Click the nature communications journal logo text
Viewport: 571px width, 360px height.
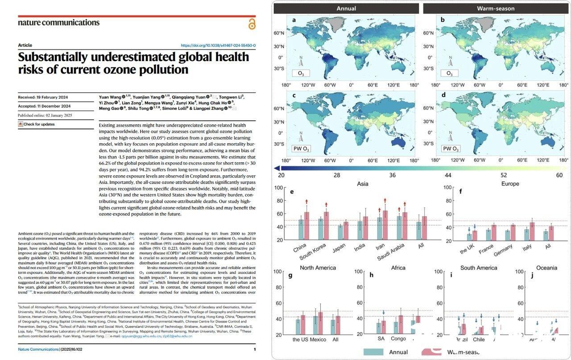coord(58,22)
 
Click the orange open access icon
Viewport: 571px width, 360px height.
coord(252,24)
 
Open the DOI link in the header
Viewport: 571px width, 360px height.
coord(218,46)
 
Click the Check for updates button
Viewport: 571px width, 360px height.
coord(36,124)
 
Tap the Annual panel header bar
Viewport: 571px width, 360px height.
coord(346,8)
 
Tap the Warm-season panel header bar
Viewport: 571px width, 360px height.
coord(496,8)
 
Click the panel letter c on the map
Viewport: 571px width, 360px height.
coord(294,95)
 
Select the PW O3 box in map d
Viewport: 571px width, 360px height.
coord(451,149)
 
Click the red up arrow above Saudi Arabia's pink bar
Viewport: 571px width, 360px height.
coord(405,203)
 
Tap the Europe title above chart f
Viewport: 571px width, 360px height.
coord(510,184)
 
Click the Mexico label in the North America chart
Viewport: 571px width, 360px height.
coord(318,339)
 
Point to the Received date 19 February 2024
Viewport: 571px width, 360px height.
coord(44,97)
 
